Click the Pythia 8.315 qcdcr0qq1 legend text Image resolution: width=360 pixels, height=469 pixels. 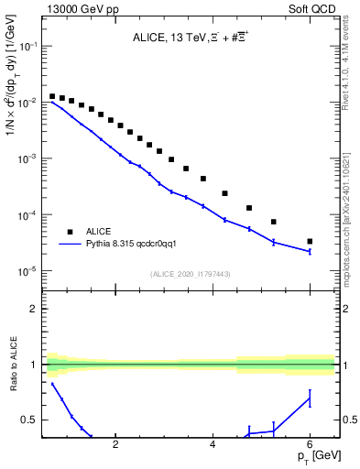point(137,245)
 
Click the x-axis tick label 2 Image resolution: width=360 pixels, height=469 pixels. point(115,446)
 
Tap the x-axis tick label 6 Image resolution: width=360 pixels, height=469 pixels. point(311,446)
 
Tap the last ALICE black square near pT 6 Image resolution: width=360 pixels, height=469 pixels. point(310,242)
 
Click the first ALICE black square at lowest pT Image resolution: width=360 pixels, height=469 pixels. point(53,96)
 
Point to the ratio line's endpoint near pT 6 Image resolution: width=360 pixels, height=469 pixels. point(310,398)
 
